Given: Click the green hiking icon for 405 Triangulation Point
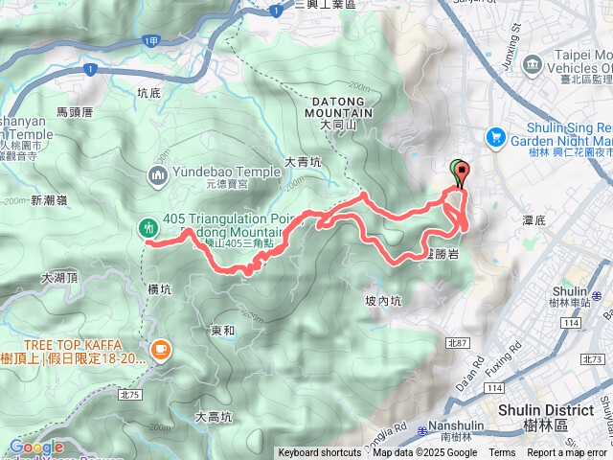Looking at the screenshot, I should click(148, 228).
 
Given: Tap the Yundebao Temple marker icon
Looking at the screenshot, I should click(158, 175).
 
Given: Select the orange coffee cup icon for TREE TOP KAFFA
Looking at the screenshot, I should click(160, 350).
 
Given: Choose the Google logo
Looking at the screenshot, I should click(35, 447).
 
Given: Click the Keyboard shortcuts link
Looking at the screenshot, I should click(320, 453).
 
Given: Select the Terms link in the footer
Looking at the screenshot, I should click(502, 453).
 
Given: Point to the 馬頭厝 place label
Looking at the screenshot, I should click(74, 112).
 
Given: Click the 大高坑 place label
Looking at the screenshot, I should click(214, 416).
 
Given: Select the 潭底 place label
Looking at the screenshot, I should click(534, 220).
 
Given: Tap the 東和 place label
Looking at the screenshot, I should click(222, 331).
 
